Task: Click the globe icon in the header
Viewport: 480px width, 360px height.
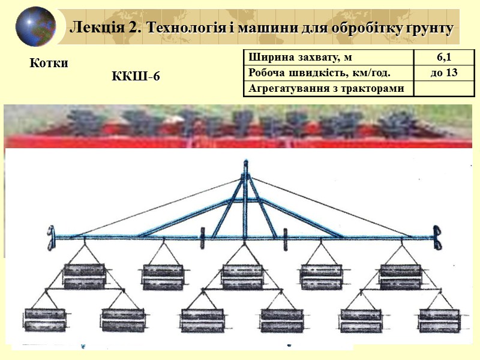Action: point(35,27)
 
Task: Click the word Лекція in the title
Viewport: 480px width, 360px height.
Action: point(93,27)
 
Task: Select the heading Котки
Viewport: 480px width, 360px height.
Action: point(49,63)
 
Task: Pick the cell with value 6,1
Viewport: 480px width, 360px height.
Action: point(444,58)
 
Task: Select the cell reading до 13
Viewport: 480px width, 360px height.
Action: point(444,73)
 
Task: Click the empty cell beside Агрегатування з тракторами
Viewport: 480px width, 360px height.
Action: point(444,89)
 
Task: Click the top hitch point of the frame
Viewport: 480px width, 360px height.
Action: point(245,164)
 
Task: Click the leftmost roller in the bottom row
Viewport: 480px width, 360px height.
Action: point(46,320)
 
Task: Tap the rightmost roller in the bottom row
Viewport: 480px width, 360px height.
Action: point(439,320)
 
